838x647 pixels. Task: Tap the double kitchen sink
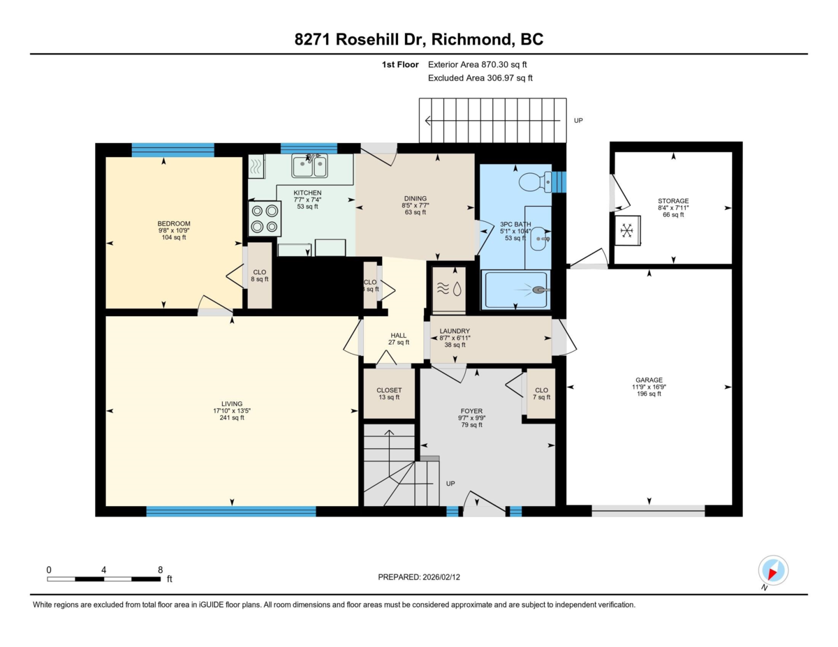pos(309,167)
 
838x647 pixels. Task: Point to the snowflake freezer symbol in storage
pos(627,230)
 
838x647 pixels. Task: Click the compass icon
pos(772,571)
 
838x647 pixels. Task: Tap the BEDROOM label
pos(173,223)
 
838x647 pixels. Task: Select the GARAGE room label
pos(649,380)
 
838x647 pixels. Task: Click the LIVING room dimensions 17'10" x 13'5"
pos(231,410)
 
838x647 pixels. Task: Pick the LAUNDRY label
pos(455,331)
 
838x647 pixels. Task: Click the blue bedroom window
pos(172,149)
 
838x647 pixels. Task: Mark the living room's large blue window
pos(230,511)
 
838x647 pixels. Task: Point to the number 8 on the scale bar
pos(160,570)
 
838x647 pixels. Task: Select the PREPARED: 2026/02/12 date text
pos(420,577)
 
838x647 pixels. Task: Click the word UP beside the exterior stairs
pos(578,120)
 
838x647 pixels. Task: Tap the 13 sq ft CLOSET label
pos(388,394)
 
